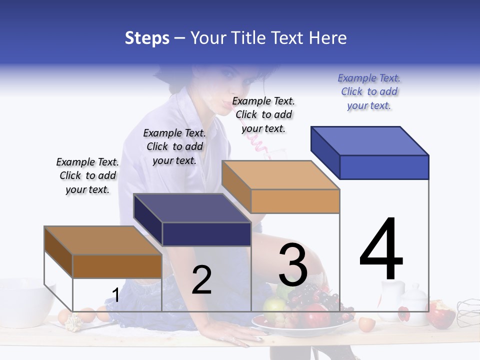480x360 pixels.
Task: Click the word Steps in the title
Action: pyautogui.click(x=147, y=38)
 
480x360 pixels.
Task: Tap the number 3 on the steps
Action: pyautogui.click(x=292, y=265)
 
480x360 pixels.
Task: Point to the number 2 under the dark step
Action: pyautogui.click(x=201, y=279)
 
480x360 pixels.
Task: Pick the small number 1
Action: pyautogui.click(x=115, y=295)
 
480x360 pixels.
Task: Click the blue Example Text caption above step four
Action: pyautogui.click(x=369, y=91)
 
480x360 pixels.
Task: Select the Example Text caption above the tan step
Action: pyautogui.click(x=263, y=114)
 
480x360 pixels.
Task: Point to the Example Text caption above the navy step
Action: pyautogui.click(x=174, y=146)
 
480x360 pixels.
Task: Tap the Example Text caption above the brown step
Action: pyautogui.click(x=87, y=175)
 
